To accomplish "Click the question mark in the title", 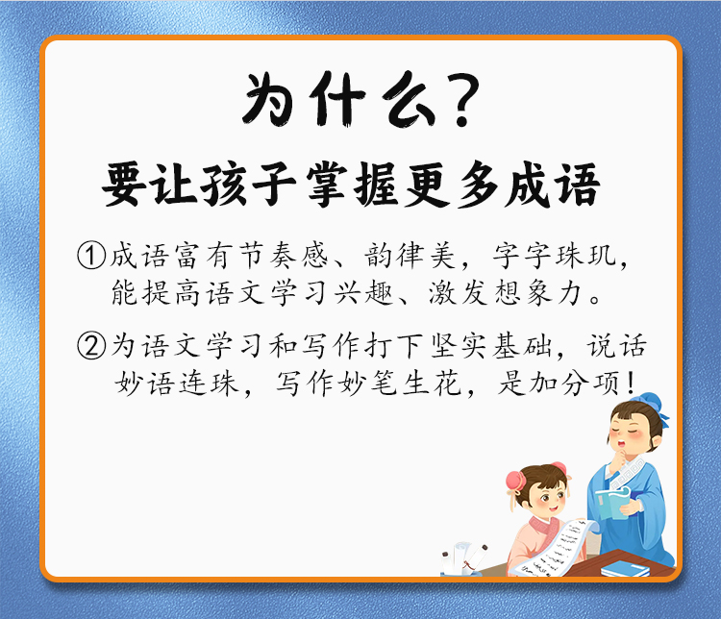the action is [x=460, y=101].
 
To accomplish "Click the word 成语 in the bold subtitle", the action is [x=552, y=185].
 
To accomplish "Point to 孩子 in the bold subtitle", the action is [x=249, y=185].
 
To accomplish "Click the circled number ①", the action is [x=91, y=256].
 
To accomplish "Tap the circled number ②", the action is [x=91, y=346].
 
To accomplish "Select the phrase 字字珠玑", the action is [x=555, y=256].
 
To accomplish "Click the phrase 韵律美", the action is [x=410, y=256].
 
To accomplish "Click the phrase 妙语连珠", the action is [x=177, y=383].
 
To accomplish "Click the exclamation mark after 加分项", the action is [x=630, y=383].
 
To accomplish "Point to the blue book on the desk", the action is [x=626, y=569].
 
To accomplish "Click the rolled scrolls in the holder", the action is [x=464, y=557].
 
